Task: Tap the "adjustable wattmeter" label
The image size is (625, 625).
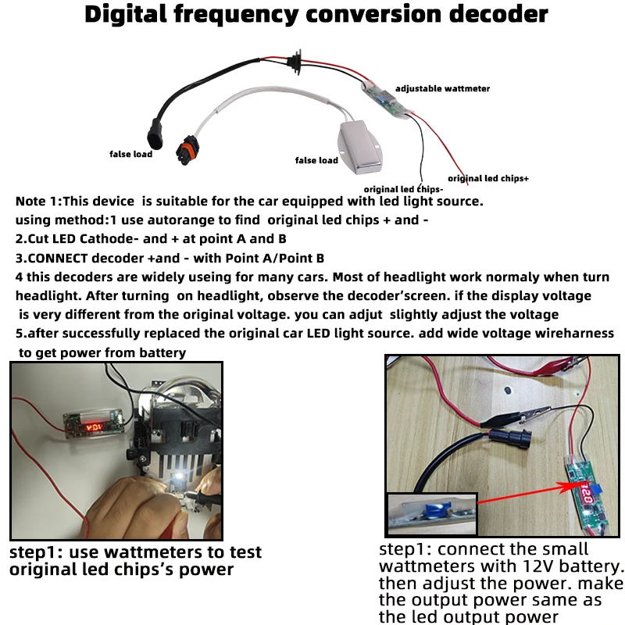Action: pyautogui.click(x=442, y=89)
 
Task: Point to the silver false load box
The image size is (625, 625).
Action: pyautogui.click(x=361, y=146)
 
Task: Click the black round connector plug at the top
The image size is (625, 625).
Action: pyautogui.click(x=295, y=63)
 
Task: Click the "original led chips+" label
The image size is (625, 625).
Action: pyautogui.click(x=488, y=178)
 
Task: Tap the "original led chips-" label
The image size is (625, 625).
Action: pyautogui.click(x=404, y=189)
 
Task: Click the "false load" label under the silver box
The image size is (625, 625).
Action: pyautogui.click(x=316, y=161)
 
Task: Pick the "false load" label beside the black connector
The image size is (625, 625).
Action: pyautogui.click(x=130, y=154)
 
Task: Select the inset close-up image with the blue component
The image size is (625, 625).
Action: pyautogui.click(x=431, y=514)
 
